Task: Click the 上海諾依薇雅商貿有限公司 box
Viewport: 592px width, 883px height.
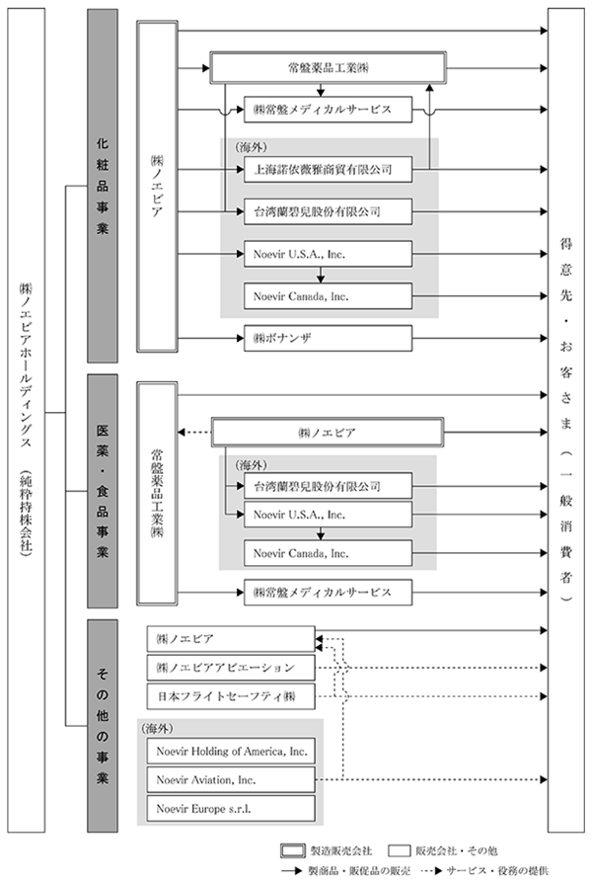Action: [x=328, y=170]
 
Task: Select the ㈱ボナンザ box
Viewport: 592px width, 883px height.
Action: [x=328, y=339]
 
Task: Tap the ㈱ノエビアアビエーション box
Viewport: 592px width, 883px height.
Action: [x=231, y=668]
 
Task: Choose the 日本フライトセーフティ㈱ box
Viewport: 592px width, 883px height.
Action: [x=231, y=696]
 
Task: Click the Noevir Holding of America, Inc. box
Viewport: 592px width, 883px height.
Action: [x=231, y=752]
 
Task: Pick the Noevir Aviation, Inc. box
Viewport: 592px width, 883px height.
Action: [x=231, y=780]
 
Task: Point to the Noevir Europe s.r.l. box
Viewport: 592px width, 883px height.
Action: [x=231, y=809]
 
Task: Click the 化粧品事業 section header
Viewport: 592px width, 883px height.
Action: [x=103, y=186]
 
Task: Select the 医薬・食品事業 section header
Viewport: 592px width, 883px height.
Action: [x=103, y=491]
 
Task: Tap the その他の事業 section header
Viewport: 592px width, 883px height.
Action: [x=103, y=726]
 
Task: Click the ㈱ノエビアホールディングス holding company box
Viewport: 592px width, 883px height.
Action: [x=26, y=420]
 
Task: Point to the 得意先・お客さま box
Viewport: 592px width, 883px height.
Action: [x=566, y=420]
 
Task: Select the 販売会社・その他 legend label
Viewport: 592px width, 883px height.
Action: [x=457, y=850]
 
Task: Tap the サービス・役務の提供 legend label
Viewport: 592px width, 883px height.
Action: [x=497, y=870]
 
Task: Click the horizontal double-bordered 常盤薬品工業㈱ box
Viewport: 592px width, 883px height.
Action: [x=329, y=68]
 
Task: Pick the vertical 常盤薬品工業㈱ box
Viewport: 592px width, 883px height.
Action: [x=157, y=494]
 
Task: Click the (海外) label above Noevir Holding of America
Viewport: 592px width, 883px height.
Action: [x=158, y=728]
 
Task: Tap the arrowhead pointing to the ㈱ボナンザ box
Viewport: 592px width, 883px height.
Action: [x=241, y=339]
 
